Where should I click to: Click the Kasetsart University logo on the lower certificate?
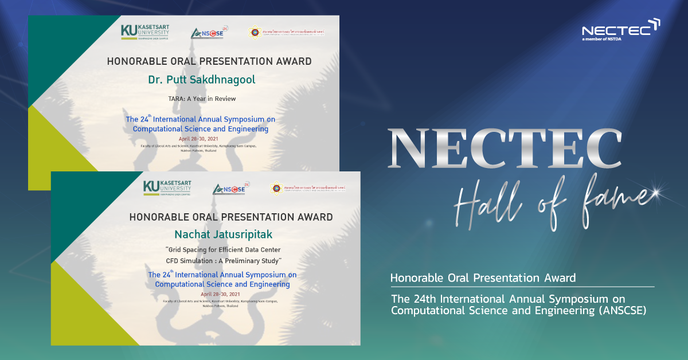[x=167, y=187]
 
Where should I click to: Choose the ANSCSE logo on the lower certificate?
[x=230, y=188]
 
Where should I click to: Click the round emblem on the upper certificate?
[x=253, y=33]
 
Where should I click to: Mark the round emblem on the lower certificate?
[x=276, y=188]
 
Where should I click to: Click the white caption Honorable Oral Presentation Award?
[x=483, y=278]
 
